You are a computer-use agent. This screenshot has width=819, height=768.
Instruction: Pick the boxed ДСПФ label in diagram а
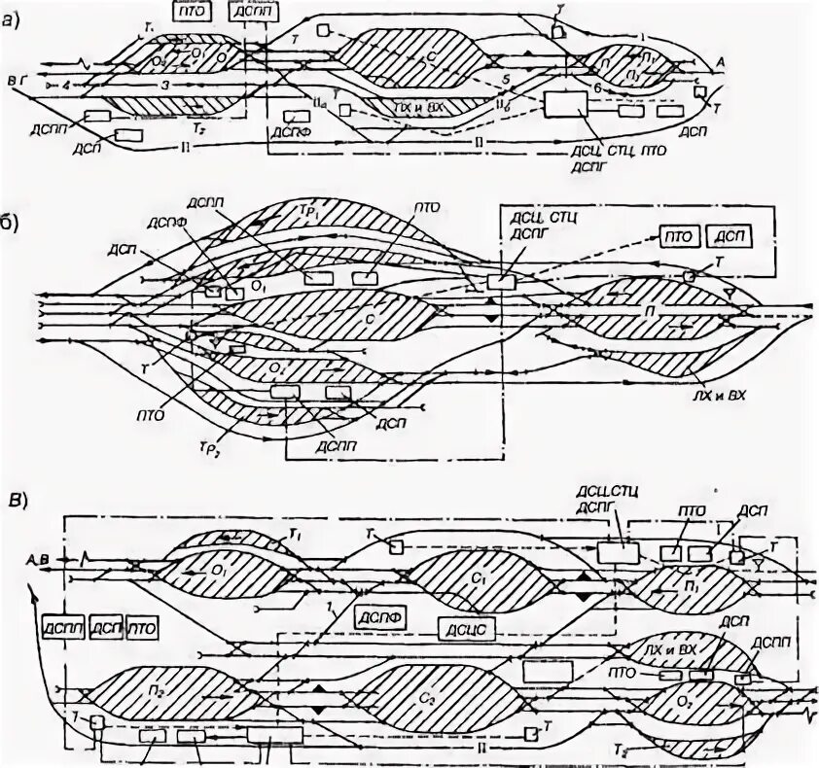tap(295, 117)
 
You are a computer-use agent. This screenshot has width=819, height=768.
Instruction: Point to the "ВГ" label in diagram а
tap(13, 75)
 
